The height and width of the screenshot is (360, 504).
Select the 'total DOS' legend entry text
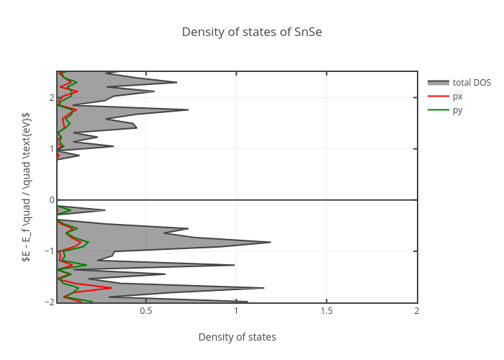point(472,83)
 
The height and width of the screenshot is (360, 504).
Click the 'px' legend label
point(458,96)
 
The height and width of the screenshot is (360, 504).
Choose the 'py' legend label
point(458,110)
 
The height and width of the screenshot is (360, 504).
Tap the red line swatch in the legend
point(438,96)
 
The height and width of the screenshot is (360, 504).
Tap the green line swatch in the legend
point(438,110)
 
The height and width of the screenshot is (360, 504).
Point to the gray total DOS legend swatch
point(438,83)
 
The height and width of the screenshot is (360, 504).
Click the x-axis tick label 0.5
point(146,311)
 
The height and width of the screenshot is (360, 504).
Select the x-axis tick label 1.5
point(326,311)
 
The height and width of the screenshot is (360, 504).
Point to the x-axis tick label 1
point(236,311)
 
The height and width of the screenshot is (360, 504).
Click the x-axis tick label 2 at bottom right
point(416,311)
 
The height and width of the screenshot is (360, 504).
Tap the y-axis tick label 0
point(51,200)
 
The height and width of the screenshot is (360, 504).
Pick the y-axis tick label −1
point(49,251)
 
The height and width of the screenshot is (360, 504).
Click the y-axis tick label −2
point(49,302)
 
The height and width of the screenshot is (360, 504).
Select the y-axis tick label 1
point(51,149)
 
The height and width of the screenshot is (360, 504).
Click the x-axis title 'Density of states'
point(237,337)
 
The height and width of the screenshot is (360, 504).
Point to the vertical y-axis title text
point(26,186)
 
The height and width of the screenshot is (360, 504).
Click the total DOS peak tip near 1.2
point(270,243)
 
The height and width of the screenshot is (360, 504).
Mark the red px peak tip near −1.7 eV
point(112,288)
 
